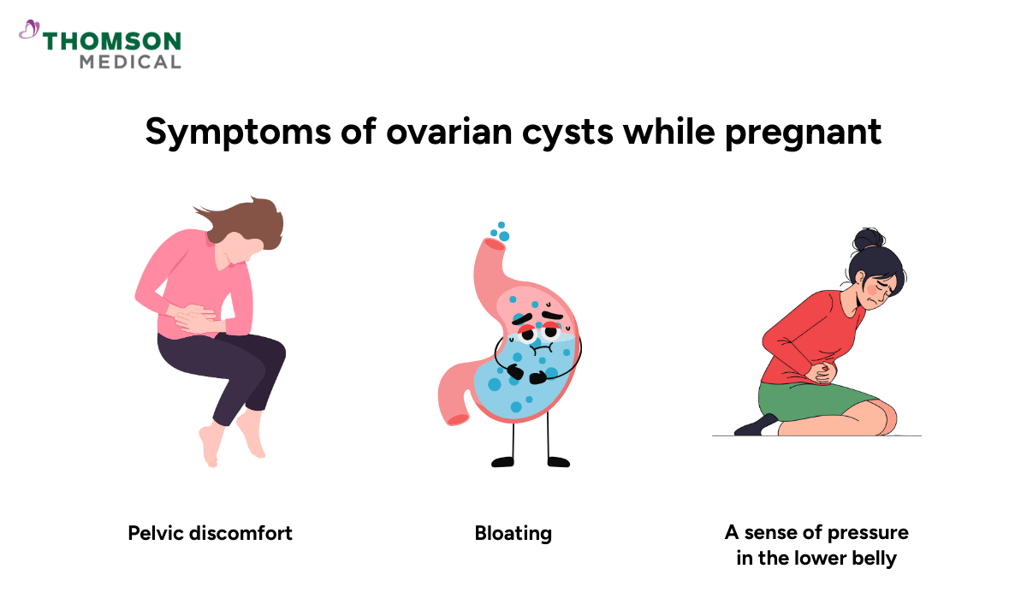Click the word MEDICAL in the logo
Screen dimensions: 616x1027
point(130,62)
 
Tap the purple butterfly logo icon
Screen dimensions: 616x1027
point(29,32)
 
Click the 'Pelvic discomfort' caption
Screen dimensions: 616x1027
point(211,533)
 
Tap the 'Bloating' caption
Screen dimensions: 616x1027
point(513,533)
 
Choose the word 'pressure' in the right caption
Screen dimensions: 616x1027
point(867,533)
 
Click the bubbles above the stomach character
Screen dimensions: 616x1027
point(501,232)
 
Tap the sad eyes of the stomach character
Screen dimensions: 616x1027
point(539,329)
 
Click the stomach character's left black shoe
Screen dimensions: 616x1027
point(504,462)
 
